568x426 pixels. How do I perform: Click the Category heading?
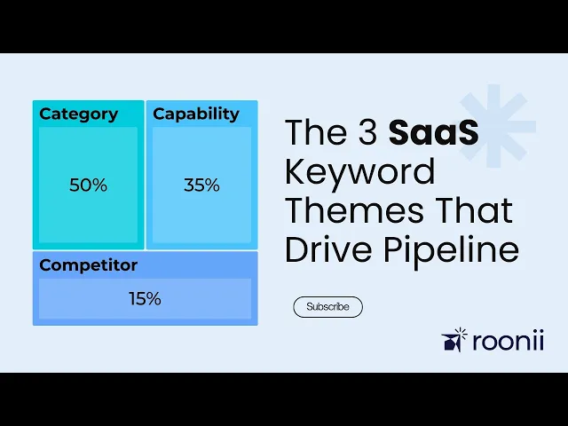pos(79,114)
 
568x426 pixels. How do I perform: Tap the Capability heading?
pos(196,114)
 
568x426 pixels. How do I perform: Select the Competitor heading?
pos(89,265)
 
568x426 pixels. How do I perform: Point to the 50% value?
pos(88,185)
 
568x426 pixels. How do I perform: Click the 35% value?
pos(201,185)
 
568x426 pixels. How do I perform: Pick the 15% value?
pos(145,299)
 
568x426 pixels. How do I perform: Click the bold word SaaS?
pos(434,132)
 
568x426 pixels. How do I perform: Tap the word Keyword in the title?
pos(359,174)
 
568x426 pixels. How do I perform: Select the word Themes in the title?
pos(354,210)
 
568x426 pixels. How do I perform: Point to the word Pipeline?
pos(452,250)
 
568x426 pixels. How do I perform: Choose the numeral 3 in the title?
pos(368,132)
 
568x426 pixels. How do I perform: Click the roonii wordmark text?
pos(509,341)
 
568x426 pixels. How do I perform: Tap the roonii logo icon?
pos(454,340)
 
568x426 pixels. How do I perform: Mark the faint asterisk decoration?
pos(494,126)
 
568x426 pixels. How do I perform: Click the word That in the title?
pos(473,210)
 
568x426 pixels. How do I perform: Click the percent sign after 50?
pos(98,185)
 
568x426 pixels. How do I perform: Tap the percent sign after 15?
pos(152,299)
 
